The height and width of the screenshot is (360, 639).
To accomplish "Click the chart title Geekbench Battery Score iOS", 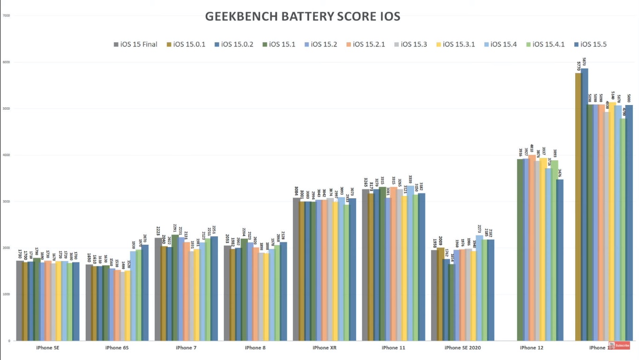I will click(x=303, y=16).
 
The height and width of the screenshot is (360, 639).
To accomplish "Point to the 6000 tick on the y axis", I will click(x=7, y=62).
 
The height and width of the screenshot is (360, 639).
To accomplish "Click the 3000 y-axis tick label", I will click(x=7, y=202).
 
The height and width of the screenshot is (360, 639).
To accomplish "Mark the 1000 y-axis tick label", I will click(x=7, y=294).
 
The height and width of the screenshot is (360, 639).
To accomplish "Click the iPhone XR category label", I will click(x=324, y=348).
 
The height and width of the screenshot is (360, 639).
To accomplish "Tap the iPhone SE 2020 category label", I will click(x=462, y=348).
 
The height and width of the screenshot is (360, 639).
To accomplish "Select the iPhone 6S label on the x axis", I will click(x=117, y=348).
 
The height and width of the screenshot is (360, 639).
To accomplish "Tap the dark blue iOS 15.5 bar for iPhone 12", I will click(x=560, y=260).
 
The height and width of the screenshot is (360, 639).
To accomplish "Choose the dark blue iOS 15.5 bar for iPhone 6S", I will click(x=145, y=292).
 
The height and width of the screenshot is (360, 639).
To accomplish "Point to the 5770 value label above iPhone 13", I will click(x=579, y=66).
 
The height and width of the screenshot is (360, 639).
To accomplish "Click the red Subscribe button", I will click(x=619, y=345).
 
